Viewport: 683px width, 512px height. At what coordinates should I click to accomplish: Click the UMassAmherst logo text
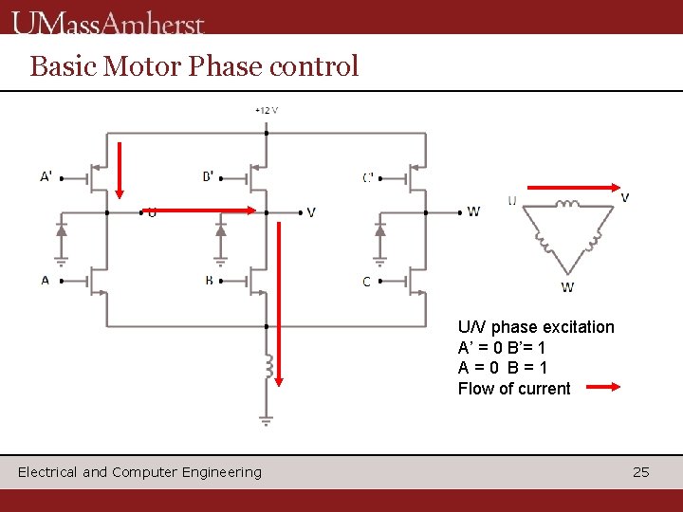pos(108,21)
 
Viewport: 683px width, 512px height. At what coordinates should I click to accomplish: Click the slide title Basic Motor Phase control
pos(194,66)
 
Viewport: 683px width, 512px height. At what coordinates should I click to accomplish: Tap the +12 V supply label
pos(267,109)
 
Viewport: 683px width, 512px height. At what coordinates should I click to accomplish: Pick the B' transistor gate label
pos(209,175)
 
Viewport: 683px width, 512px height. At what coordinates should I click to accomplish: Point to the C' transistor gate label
pos(368,176)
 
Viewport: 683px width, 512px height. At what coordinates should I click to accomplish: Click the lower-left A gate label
pos(45,281)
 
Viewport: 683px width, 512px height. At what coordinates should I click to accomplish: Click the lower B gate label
pos(209,281)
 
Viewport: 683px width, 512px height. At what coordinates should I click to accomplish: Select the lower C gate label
pos(367,282)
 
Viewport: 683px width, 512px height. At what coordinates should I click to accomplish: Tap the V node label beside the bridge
pos(311,212)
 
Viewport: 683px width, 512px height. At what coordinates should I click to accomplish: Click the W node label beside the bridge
pos(473,211)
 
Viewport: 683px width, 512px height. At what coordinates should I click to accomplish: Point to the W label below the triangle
pos(567,287)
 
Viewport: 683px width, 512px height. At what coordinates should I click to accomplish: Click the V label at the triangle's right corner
pos(624,197)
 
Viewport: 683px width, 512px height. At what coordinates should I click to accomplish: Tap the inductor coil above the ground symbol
pos(268,365)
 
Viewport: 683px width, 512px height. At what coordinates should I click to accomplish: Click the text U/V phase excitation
pos(536,327)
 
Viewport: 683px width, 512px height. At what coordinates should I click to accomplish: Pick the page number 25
pos(641,471)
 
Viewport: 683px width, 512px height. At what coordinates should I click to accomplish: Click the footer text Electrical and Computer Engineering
pos(139,471)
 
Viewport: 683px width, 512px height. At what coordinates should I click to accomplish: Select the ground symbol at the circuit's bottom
pos(267,420)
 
